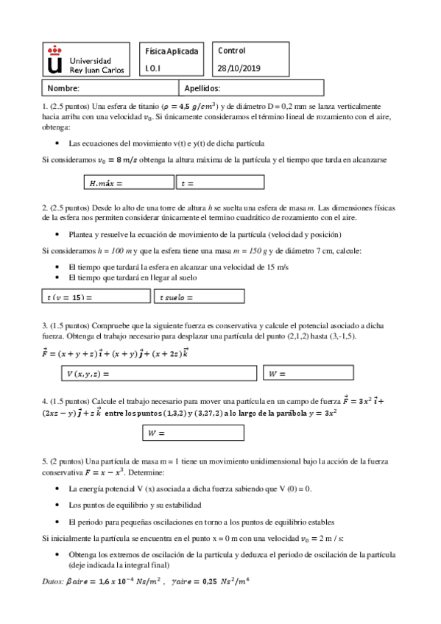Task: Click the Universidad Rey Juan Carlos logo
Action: [x=85, y=60]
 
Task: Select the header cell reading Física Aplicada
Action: [x=172, y=52]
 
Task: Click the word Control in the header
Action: [x=232, y=51]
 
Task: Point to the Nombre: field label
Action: [x=63, y=88]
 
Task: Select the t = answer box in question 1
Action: [x=220, y=182]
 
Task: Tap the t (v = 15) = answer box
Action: [x=96, y=297]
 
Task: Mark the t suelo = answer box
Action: [x=200, y=297]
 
